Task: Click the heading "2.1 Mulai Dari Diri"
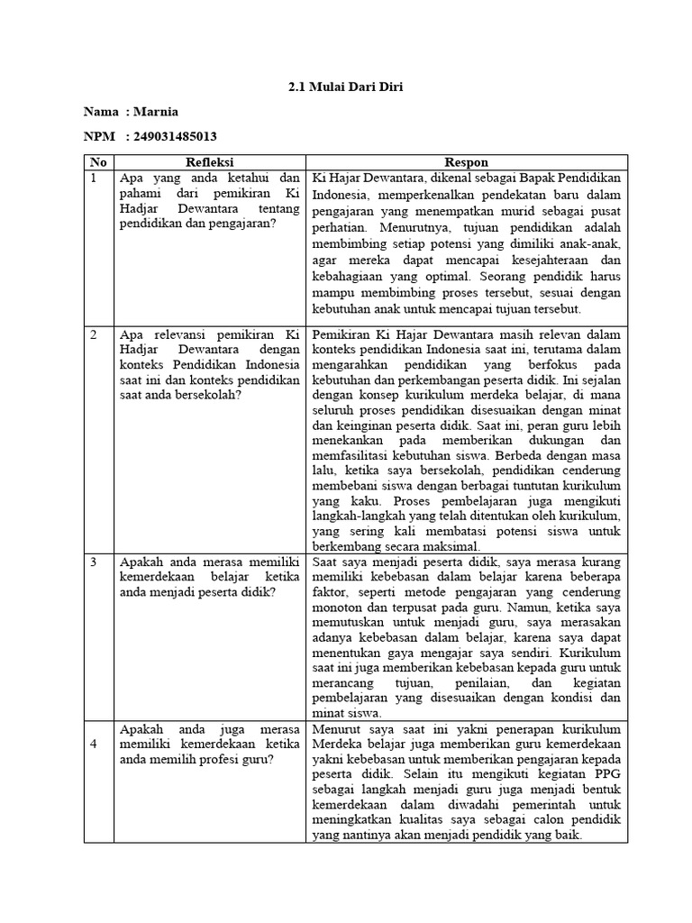coord(346,87)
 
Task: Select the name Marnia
coord(155,112)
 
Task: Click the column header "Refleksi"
coord(210,162)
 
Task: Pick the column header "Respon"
coord(467,162)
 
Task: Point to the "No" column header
coord(97,162)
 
